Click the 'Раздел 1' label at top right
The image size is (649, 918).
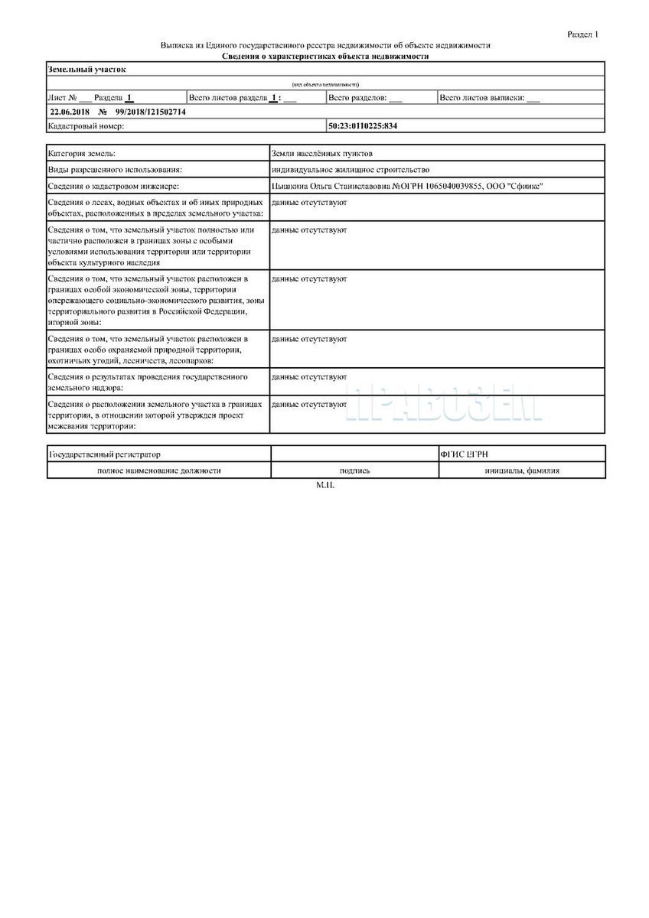coord(583,34)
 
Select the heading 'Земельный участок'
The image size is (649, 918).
coord(86,70)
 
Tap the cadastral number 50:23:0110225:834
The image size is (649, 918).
coord(363,125)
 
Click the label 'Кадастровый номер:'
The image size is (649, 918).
coord(86,125)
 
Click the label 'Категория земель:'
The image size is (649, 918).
coord(82,154)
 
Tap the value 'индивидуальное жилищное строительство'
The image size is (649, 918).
coord(351,170)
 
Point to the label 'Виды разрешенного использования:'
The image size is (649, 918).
coord(115,170)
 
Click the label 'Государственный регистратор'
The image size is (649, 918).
coord(105,454)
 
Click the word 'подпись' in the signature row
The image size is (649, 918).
coord(354,470)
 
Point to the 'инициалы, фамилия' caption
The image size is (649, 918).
coord(521,470)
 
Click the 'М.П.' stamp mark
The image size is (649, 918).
coord(325,486)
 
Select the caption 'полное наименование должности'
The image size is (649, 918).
coord(158,470)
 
